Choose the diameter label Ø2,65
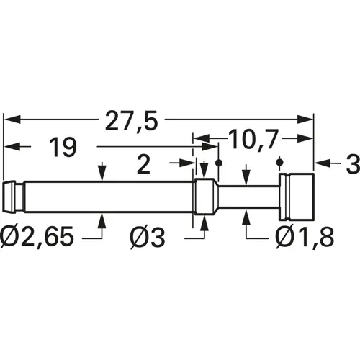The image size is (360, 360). (x=37, y=236)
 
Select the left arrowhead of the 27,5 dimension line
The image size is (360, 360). (x=9, y=120)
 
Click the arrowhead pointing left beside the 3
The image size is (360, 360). (x=321, y=165)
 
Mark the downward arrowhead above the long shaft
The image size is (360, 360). (x=104, y=174)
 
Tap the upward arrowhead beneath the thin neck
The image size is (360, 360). (x=247, y=214)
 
